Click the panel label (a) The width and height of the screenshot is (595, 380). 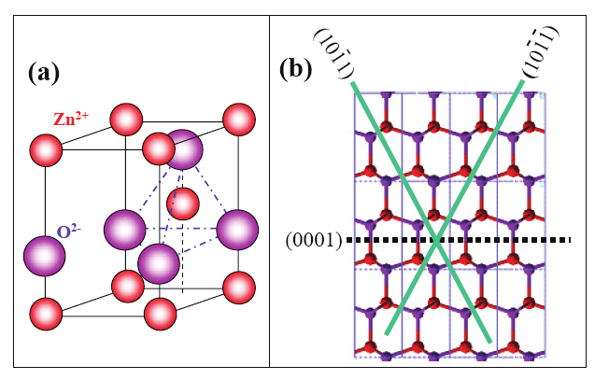click(x=48, y=73)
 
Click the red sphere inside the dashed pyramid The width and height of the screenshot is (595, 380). click(x=183, y=202)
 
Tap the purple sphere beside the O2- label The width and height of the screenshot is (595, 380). click(x=43, y=255)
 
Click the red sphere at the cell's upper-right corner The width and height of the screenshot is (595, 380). click(x=240, y=119)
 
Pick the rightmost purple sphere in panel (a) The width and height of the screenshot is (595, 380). click(x=237, y=228)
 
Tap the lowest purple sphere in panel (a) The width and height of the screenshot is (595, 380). click(x=158, y=262)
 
